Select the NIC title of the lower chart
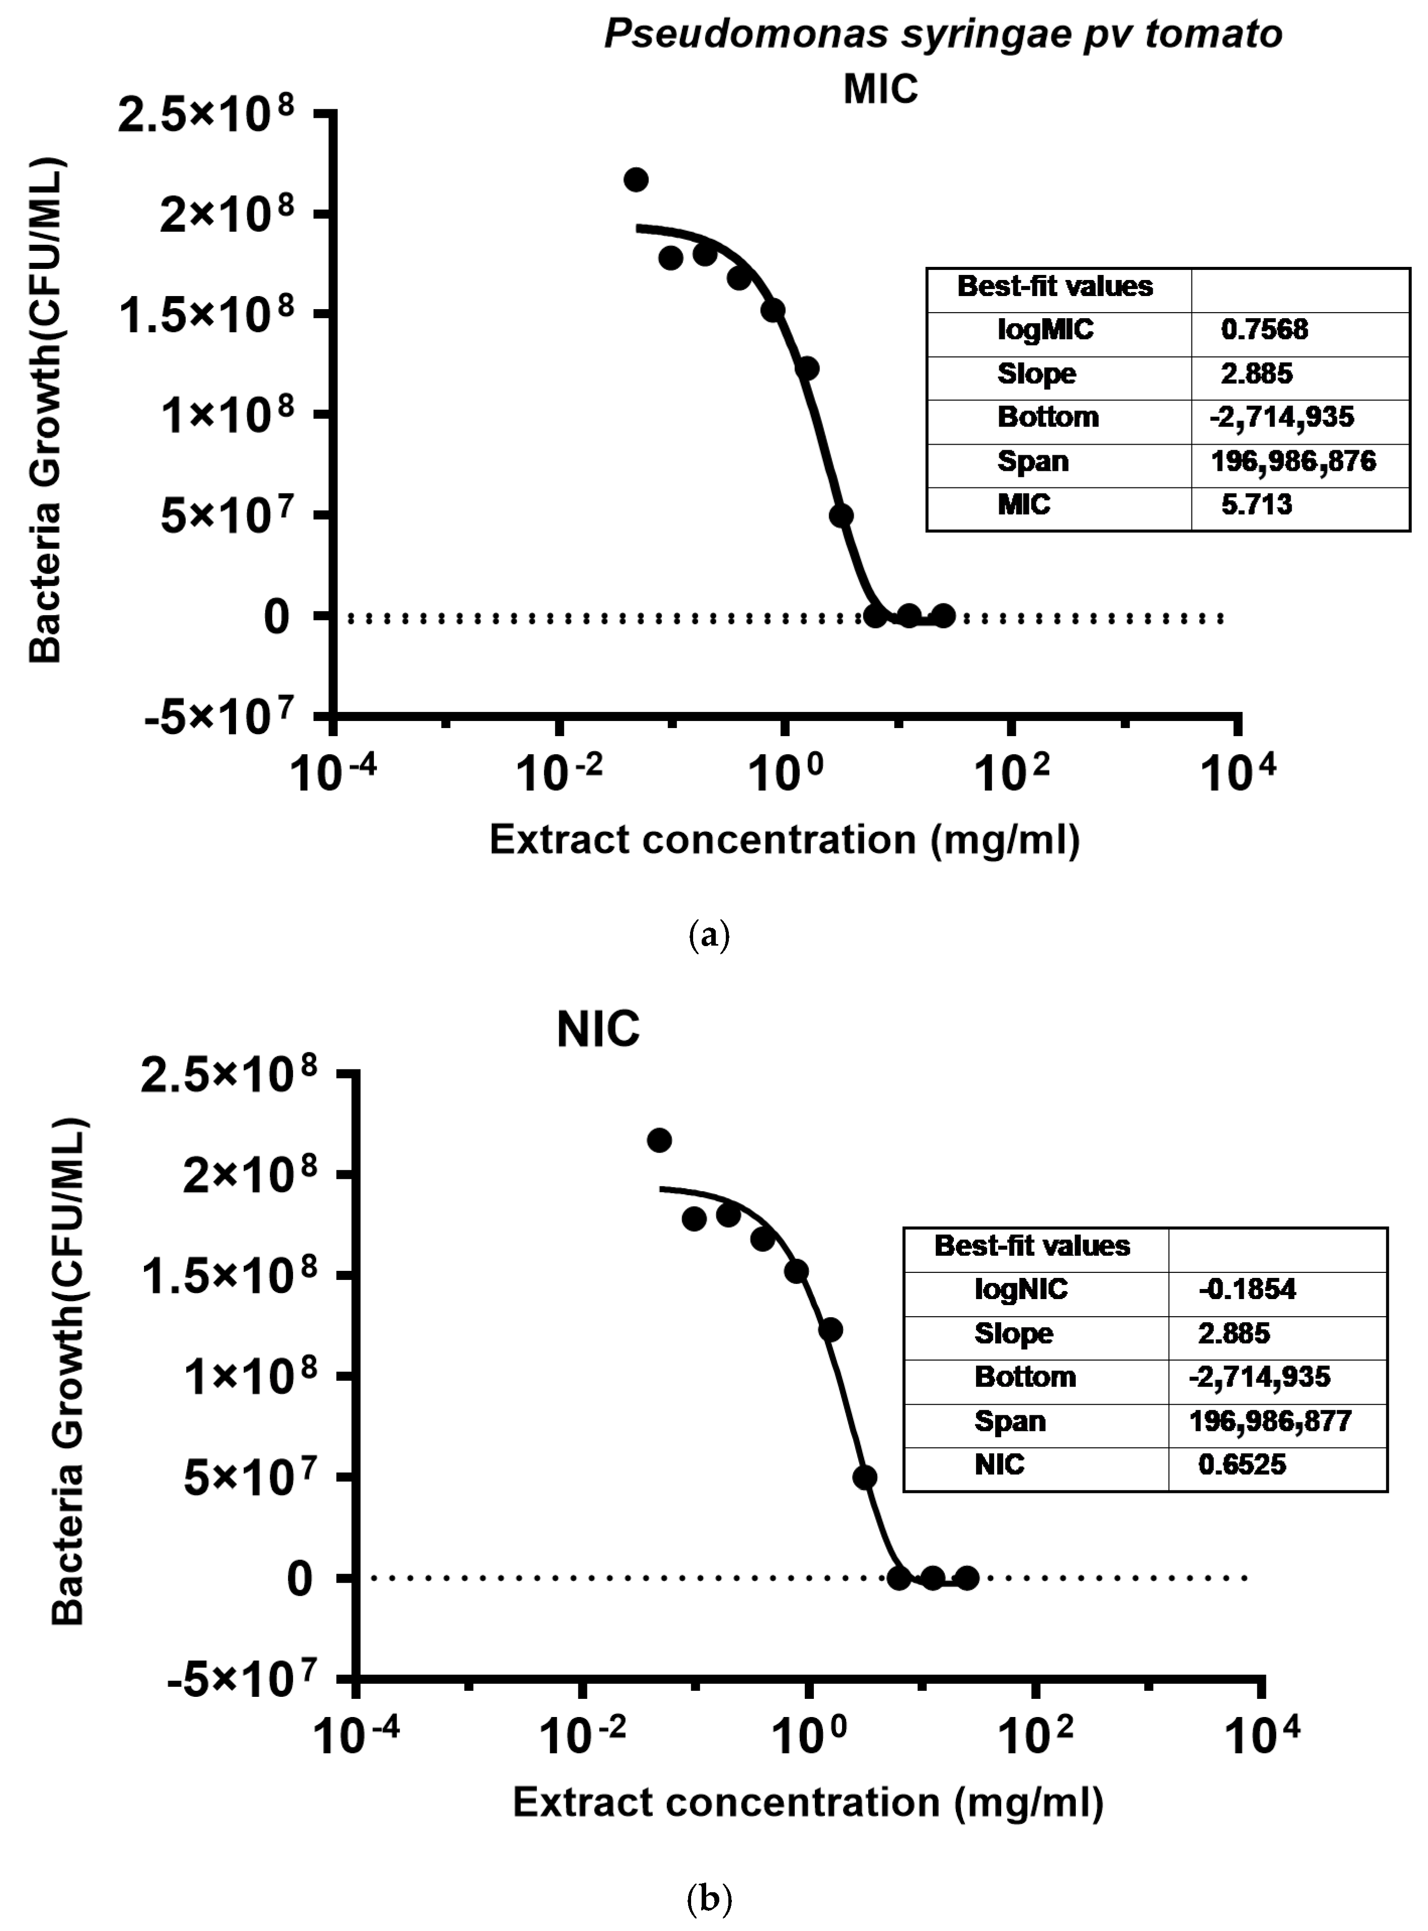click(597, 1029)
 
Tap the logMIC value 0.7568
click(1264, 329)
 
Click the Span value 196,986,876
click(1293, 461)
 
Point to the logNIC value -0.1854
click(1246, 1290)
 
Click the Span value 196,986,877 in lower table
click(1270, 1421)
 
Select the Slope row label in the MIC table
click(1036, 374)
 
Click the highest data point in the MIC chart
click(636, 180)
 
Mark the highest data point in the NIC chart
click(659, 1140)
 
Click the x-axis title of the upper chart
click(784, 840)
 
